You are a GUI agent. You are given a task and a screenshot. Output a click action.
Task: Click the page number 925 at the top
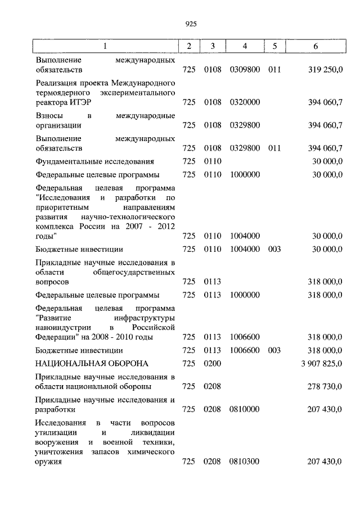(190, 24)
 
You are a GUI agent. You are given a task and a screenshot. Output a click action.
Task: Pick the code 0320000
(245, 102)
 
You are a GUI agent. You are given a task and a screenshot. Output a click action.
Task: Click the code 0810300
(245, 462)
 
